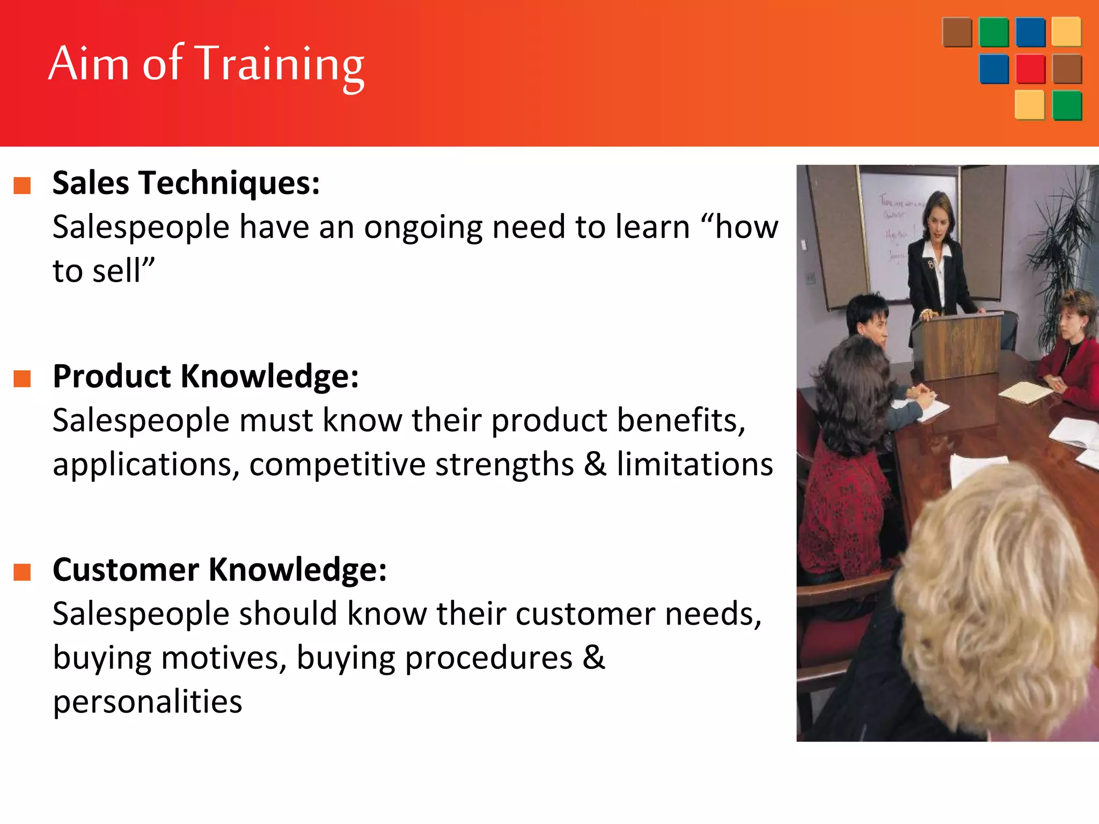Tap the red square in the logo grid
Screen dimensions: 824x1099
click(1030, 69)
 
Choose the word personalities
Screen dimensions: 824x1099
click(148, 702)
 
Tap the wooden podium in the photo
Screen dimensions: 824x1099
click(958, 346)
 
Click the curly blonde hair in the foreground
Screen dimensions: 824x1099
click(998, 595)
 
